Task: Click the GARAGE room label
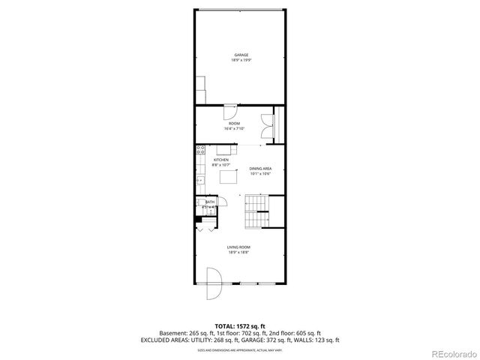[240, 55]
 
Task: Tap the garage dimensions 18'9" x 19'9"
[240, 60]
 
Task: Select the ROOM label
[234, 124]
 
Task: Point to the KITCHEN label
[220, 160]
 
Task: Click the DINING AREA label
[260, 169]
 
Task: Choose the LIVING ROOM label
[239, 247]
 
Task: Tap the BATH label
[210, 202]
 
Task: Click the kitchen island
[228, 177]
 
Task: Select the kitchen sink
[200, 180]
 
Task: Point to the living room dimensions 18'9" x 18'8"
[239, 253]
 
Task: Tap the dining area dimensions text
[260, 174]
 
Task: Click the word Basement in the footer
[172, 333]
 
